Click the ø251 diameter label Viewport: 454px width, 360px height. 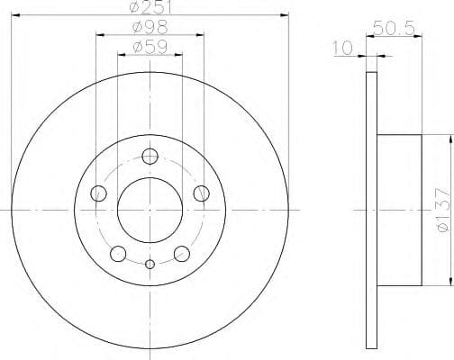pos(150,7)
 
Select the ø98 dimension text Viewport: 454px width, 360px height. pos(150,27)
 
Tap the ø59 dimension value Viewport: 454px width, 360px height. pos(150,46)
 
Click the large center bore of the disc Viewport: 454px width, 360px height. pos(150,206)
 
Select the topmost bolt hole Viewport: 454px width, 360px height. pos(150,157)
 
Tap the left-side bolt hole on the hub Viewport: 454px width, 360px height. pos(99,193)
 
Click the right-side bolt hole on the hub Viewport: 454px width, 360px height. pos(201,193)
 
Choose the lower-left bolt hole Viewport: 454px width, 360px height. pos(118,253)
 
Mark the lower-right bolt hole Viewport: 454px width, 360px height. pos(181,253)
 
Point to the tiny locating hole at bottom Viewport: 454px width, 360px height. pos(150,264)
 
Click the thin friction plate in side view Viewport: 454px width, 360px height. pos(372,207)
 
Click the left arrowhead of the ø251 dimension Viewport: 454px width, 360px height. pos(14,15)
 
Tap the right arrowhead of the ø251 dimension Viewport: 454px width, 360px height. pos(286,15)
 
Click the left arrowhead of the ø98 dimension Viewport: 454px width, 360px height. pos(97,35)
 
